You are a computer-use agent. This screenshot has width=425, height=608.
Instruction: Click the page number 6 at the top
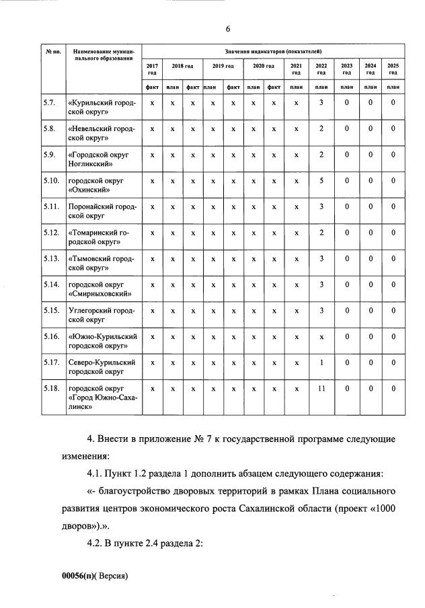(228, 28)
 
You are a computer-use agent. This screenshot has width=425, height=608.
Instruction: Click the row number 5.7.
(48, 102)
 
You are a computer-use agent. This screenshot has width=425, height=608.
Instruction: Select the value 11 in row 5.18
(321, 388)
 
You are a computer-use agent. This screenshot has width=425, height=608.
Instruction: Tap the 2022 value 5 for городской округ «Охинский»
(321, 181)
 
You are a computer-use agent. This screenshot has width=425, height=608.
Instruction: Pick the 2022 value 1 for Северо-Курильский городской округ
(321, 363)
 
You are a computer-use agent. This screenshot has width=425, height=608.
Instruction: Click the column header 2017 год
(152, 69)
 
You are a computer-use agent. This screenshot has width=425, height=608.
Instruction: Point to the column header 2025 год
(393, 69)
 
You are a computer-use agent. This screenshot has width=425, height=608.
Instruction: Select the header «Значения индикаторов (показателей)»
(273, 51)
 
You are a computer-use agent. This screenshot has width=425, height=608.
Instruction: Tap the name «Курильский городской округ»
(102, 107)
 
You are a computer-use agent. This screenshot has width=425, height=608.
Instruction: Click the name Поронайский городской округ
(102, 211)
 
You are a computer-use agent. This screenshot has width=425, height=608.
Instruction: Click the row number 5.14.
(51, 284)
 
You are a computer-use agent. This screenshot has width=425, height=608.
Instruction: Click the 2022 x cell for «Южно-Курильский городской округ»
(321, 337)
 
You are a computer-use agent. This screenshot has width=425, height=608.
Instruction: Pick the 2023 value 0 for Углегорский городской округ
(346, 311)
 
